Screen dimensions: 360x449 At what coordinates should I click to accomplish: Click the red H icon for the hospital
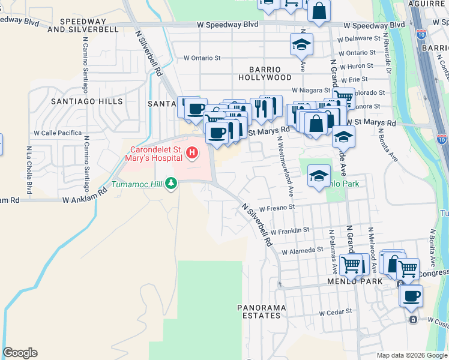point(192,154)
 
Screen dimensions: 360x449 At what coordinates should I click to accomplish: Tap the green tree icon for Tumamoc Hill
point(172,182)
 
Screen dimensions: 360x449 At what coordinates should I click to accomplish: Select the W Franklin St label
point(289,230)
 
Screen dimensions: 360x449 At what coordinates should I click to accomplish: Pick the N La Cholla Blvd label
point(29,165)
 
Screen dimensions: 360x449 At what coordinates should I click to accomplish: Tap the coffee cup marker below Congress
point(411,296)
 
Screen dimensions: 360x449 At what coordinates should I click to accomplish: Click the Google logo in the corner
point(20,353)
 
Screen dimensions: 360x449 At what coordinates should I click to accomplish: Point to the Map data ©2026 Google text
point(412,355)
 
